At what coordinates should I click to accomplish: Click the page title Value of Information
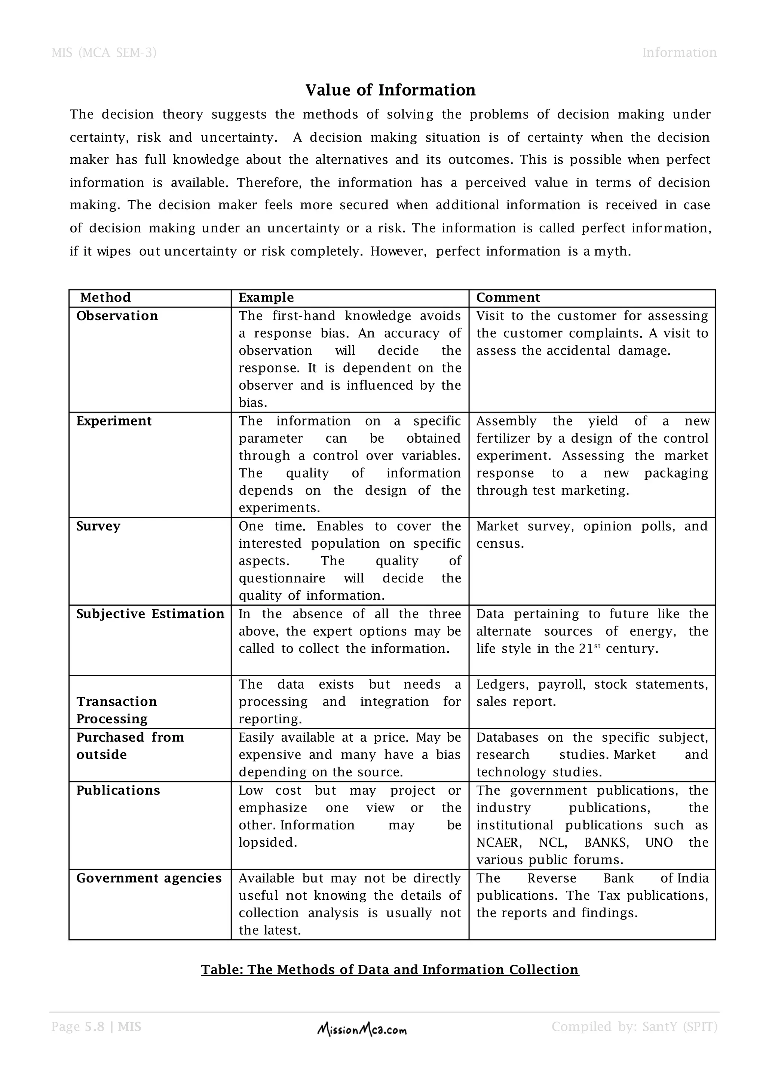click(390, 90)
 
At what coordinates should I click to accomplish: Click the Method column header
click(105, 298)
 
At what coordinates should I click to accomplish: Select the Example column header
click(266, 298)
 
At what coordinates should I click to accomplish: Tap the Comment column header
click(508, 298)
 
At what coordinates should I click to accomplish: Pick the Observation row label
click(117, 316)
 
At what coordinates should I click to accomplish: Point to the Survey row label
click(98, 526)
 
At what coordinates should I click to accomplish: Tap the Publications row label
click(118, 790)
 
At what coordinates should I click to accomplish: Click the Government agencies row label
click(148, 878)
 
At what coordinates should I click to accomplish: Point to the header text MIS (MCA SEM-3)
click(104, 52)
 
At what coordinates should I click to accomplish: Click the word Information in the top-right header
click(679, 52)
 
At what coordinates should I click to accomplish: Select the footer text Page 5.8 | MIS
click(96, 1027)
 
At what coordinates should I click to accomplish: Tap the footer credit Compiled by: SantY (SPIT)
click(634, 1027)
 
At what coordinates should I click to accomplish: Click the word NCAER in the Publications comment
click(499, 843)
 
